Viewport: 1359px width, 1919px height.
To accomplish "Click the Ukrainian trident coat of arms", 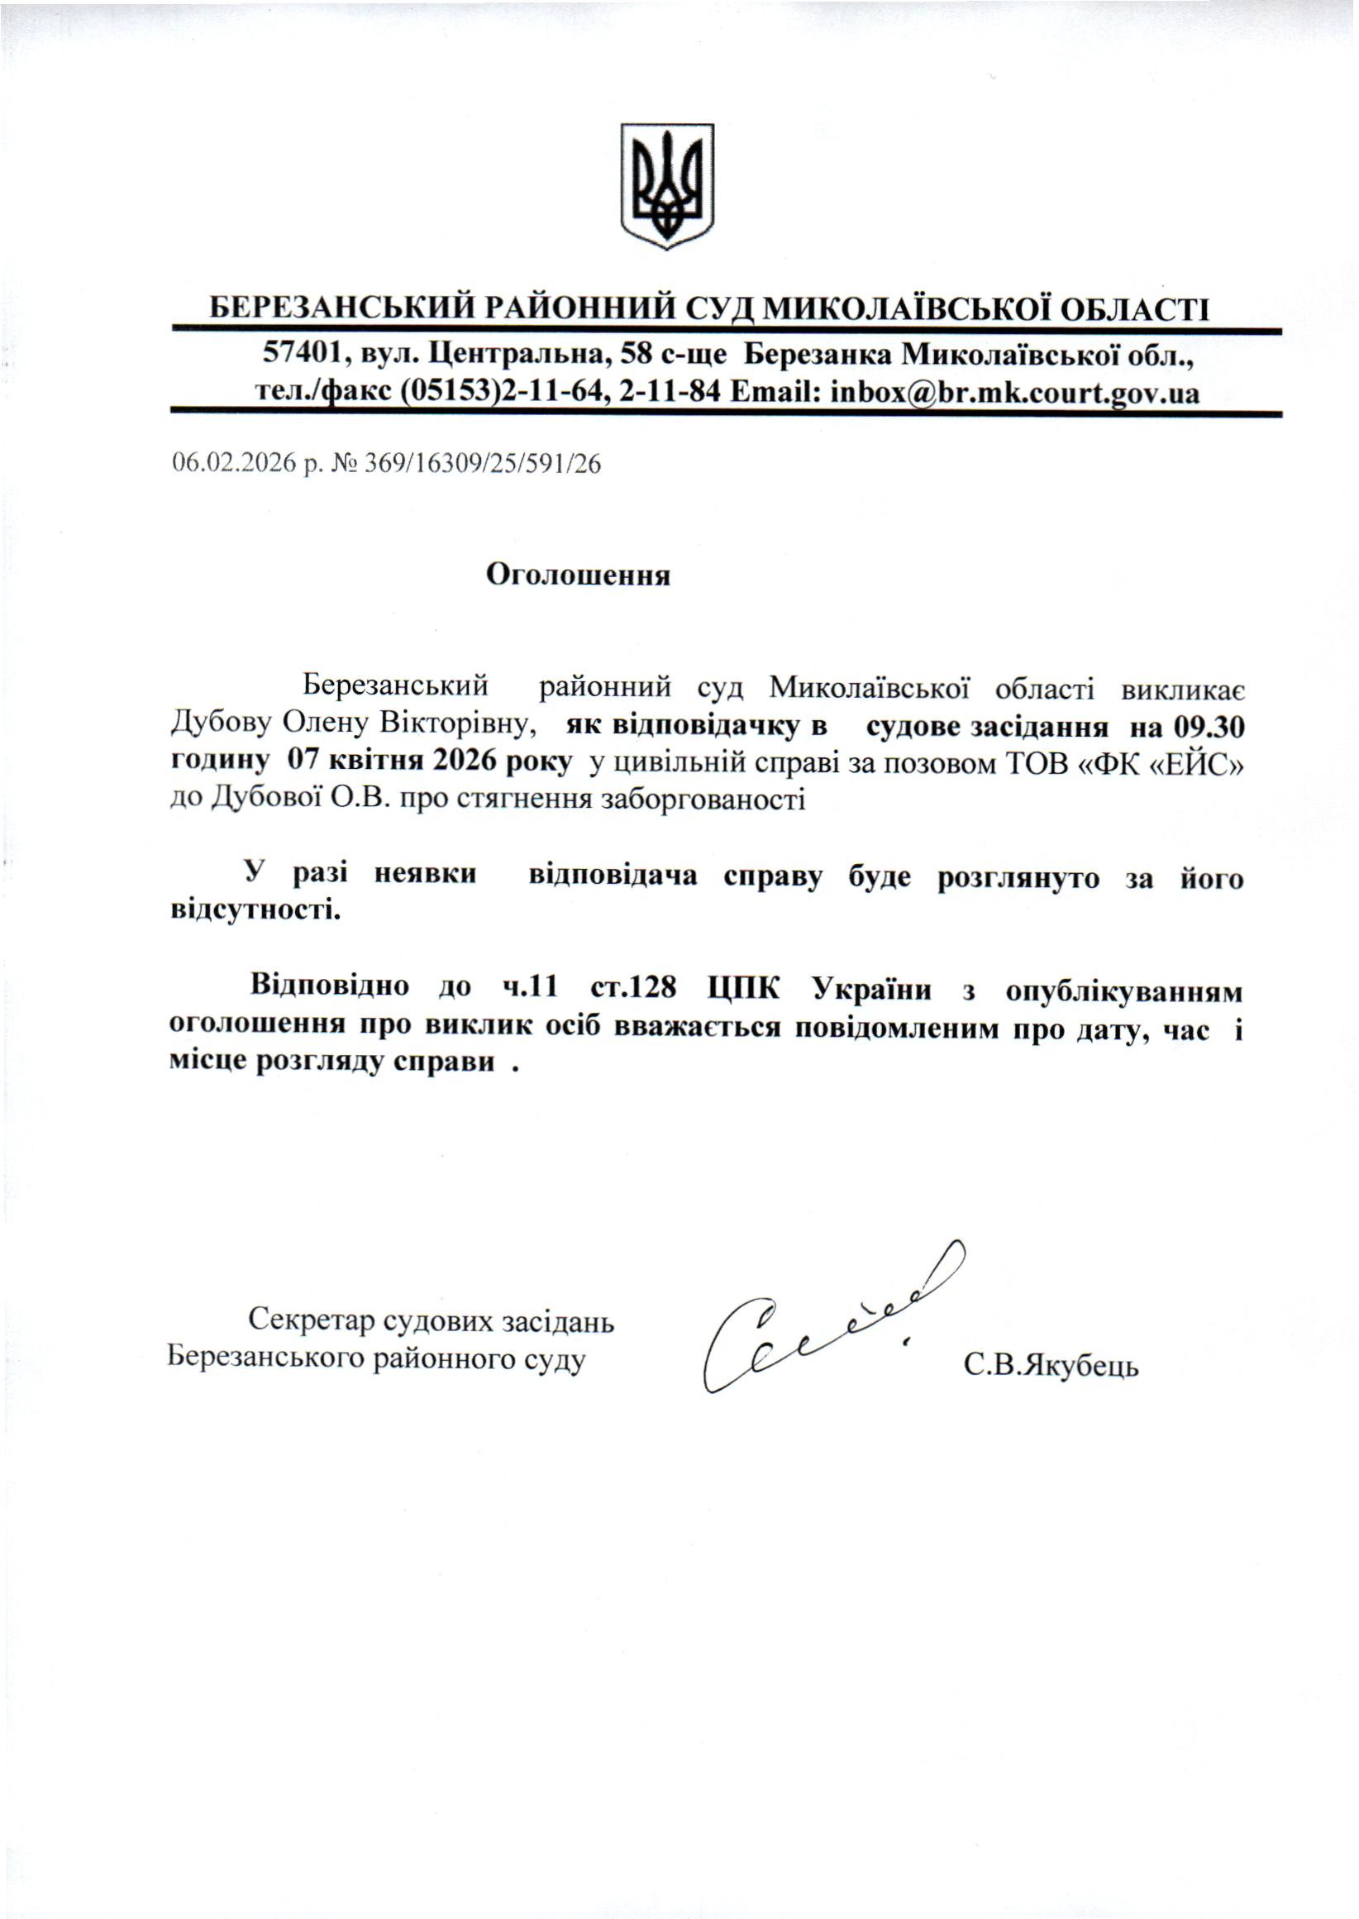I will (x=666, y=185).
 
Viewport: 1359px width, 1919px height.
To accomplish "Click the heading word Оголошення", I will (x=579, y=575).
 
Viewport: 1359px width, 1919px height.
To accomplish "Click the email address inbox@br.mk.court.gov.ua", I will (x=1013, y=392).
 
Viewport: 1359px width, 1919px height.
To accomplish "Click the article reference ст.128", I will (x=632, y=987).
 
